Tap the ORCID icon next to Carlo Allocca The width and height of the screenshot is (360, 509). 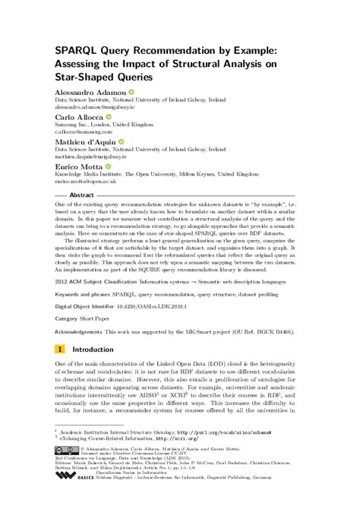(109, 117)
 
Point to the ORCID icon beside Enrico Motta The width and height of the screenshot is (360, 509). (107, 166)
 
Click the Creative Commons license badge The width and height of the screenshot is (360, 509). (64, 449)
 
